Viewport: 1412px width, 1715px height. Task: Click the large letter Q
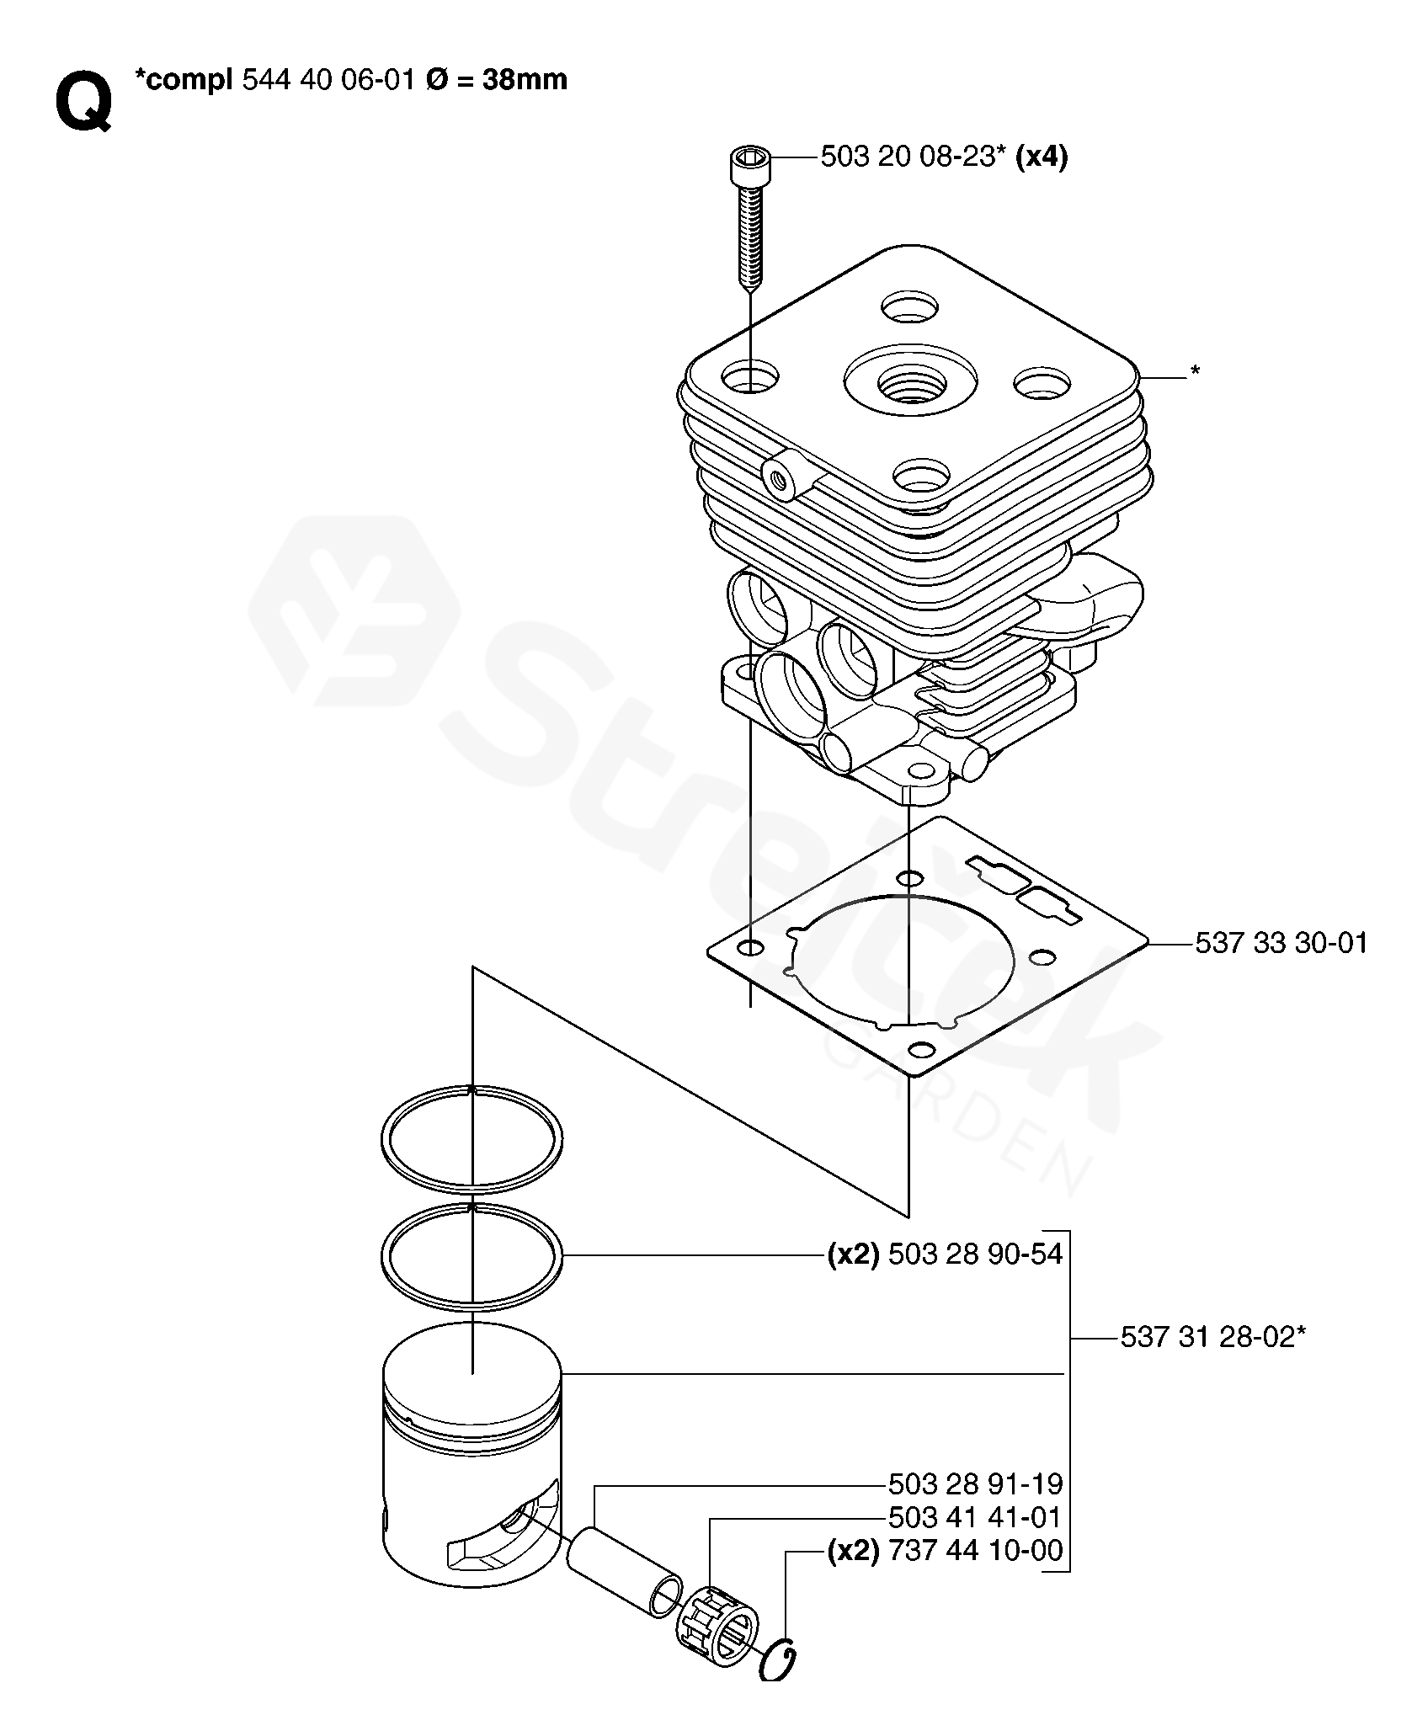tap(83, 102)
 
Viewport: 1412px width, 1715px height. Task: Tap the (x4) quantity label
tap(1042, 157)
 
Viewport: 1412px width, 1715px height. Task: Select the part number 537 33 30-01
tap(1281, 942)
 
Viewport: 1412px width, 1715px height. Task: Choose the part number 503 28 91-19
tap(975, 1483)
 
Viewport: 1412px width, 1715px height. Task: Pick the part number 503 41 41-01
tap(975, 1517)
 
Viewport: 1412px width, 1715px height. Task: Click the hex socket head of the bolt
tap(749, 164)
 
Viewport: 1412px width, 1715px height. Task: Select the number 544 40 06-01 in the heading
tap(328, 80)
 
